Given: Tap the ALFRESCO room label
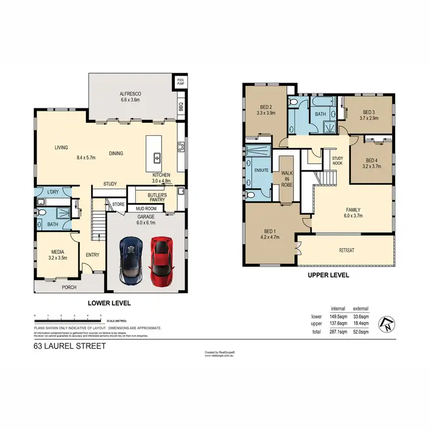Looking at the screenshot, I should pos(130,93).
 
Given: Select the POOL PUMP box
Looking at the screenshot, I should pos(181,81).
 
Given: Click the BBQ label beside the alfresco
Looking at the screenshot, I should pos(181,106).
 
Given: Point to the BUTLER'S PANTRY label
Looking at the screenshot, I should pos(157,197).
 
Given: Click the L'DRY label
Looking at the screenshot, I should pos(53,192).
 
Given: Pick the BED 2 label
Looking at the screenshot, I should pos(265,107).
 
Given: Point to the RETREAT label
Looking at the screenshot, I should pos(347,251).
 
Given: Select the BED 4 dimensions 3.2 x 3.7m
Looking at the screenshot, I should pos(372,166).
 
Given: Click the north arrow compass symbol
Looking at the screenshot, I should pos(389,325).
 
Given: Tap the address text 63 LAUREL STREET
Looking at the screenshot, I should pos(69,346).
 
